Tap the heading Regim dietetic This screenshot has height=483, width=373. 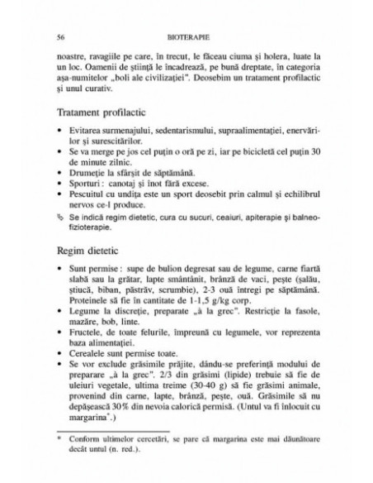(87, 248)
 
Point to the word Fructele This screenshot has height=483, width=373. (85, 339)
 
